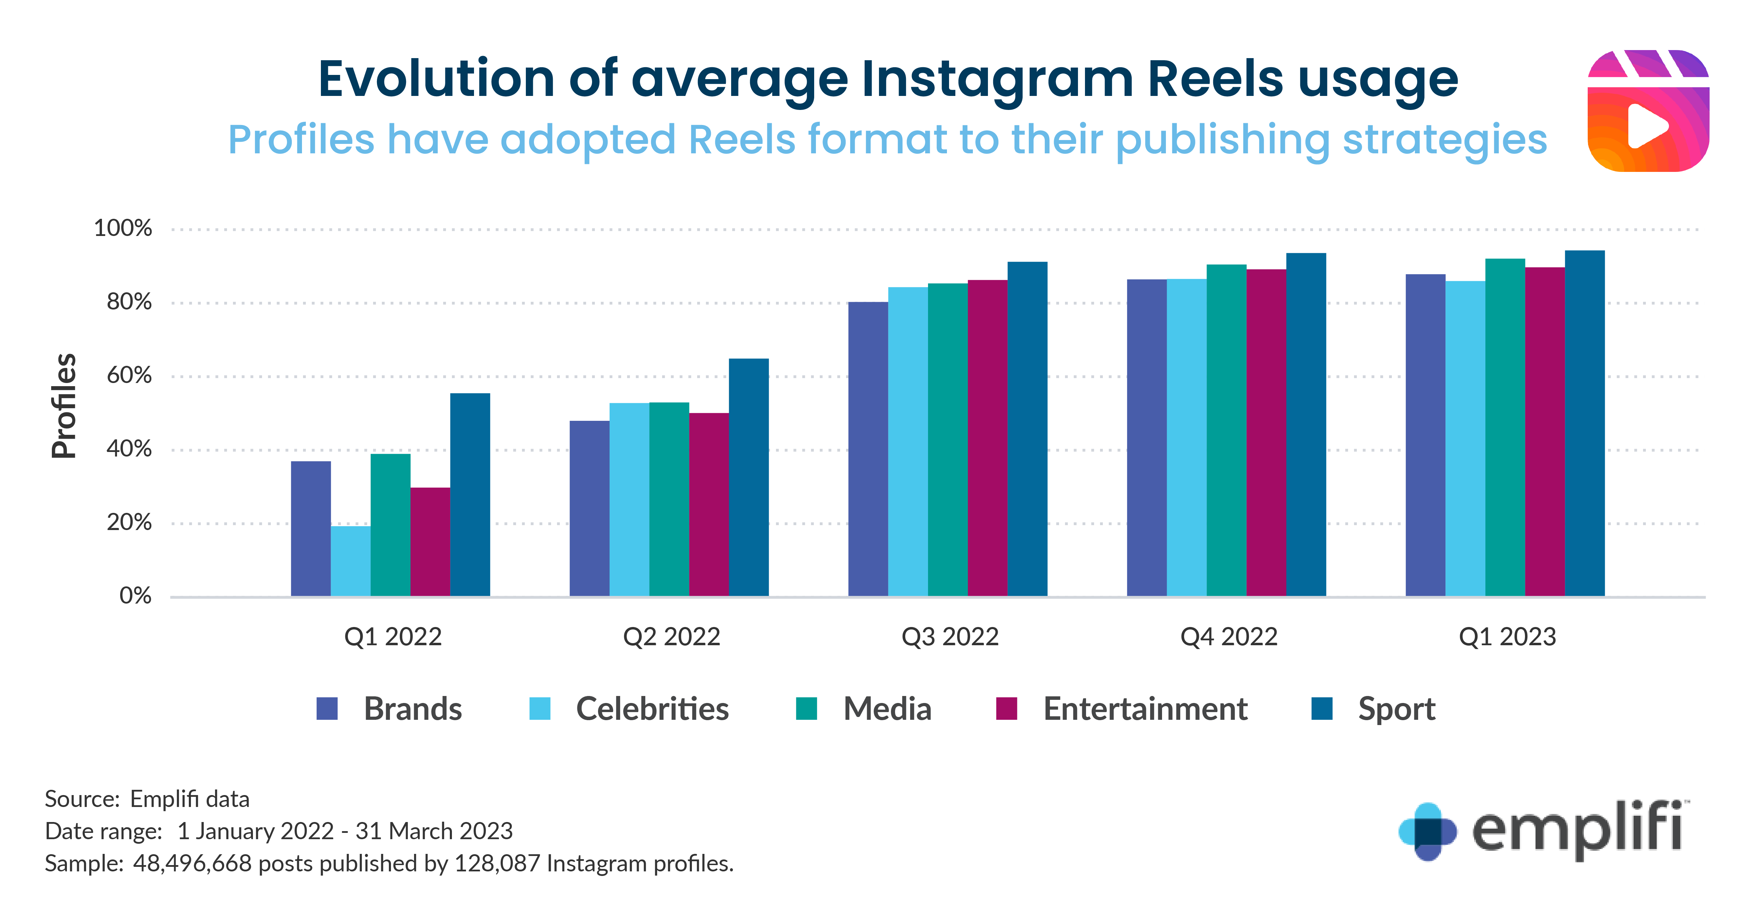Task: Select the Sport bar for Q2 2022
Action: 748,477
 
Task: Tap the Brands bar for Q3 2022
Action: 868,448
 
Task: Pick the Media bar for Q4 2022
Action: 1226,430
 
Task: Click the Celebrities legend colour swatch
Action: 540,708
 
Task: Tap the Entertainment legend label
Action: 1145,709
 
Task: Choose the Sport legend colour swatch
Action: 1321,708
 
